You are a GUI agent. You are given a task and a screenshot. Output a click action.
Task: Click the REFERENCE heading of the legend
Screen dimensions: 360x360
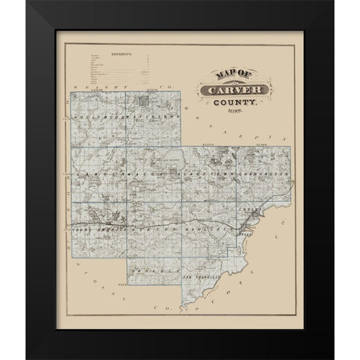[x=121, y=55]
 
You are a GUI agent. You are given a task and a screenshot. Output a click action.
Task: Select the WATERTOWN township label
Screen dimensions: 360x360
[x=149, y=117]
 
